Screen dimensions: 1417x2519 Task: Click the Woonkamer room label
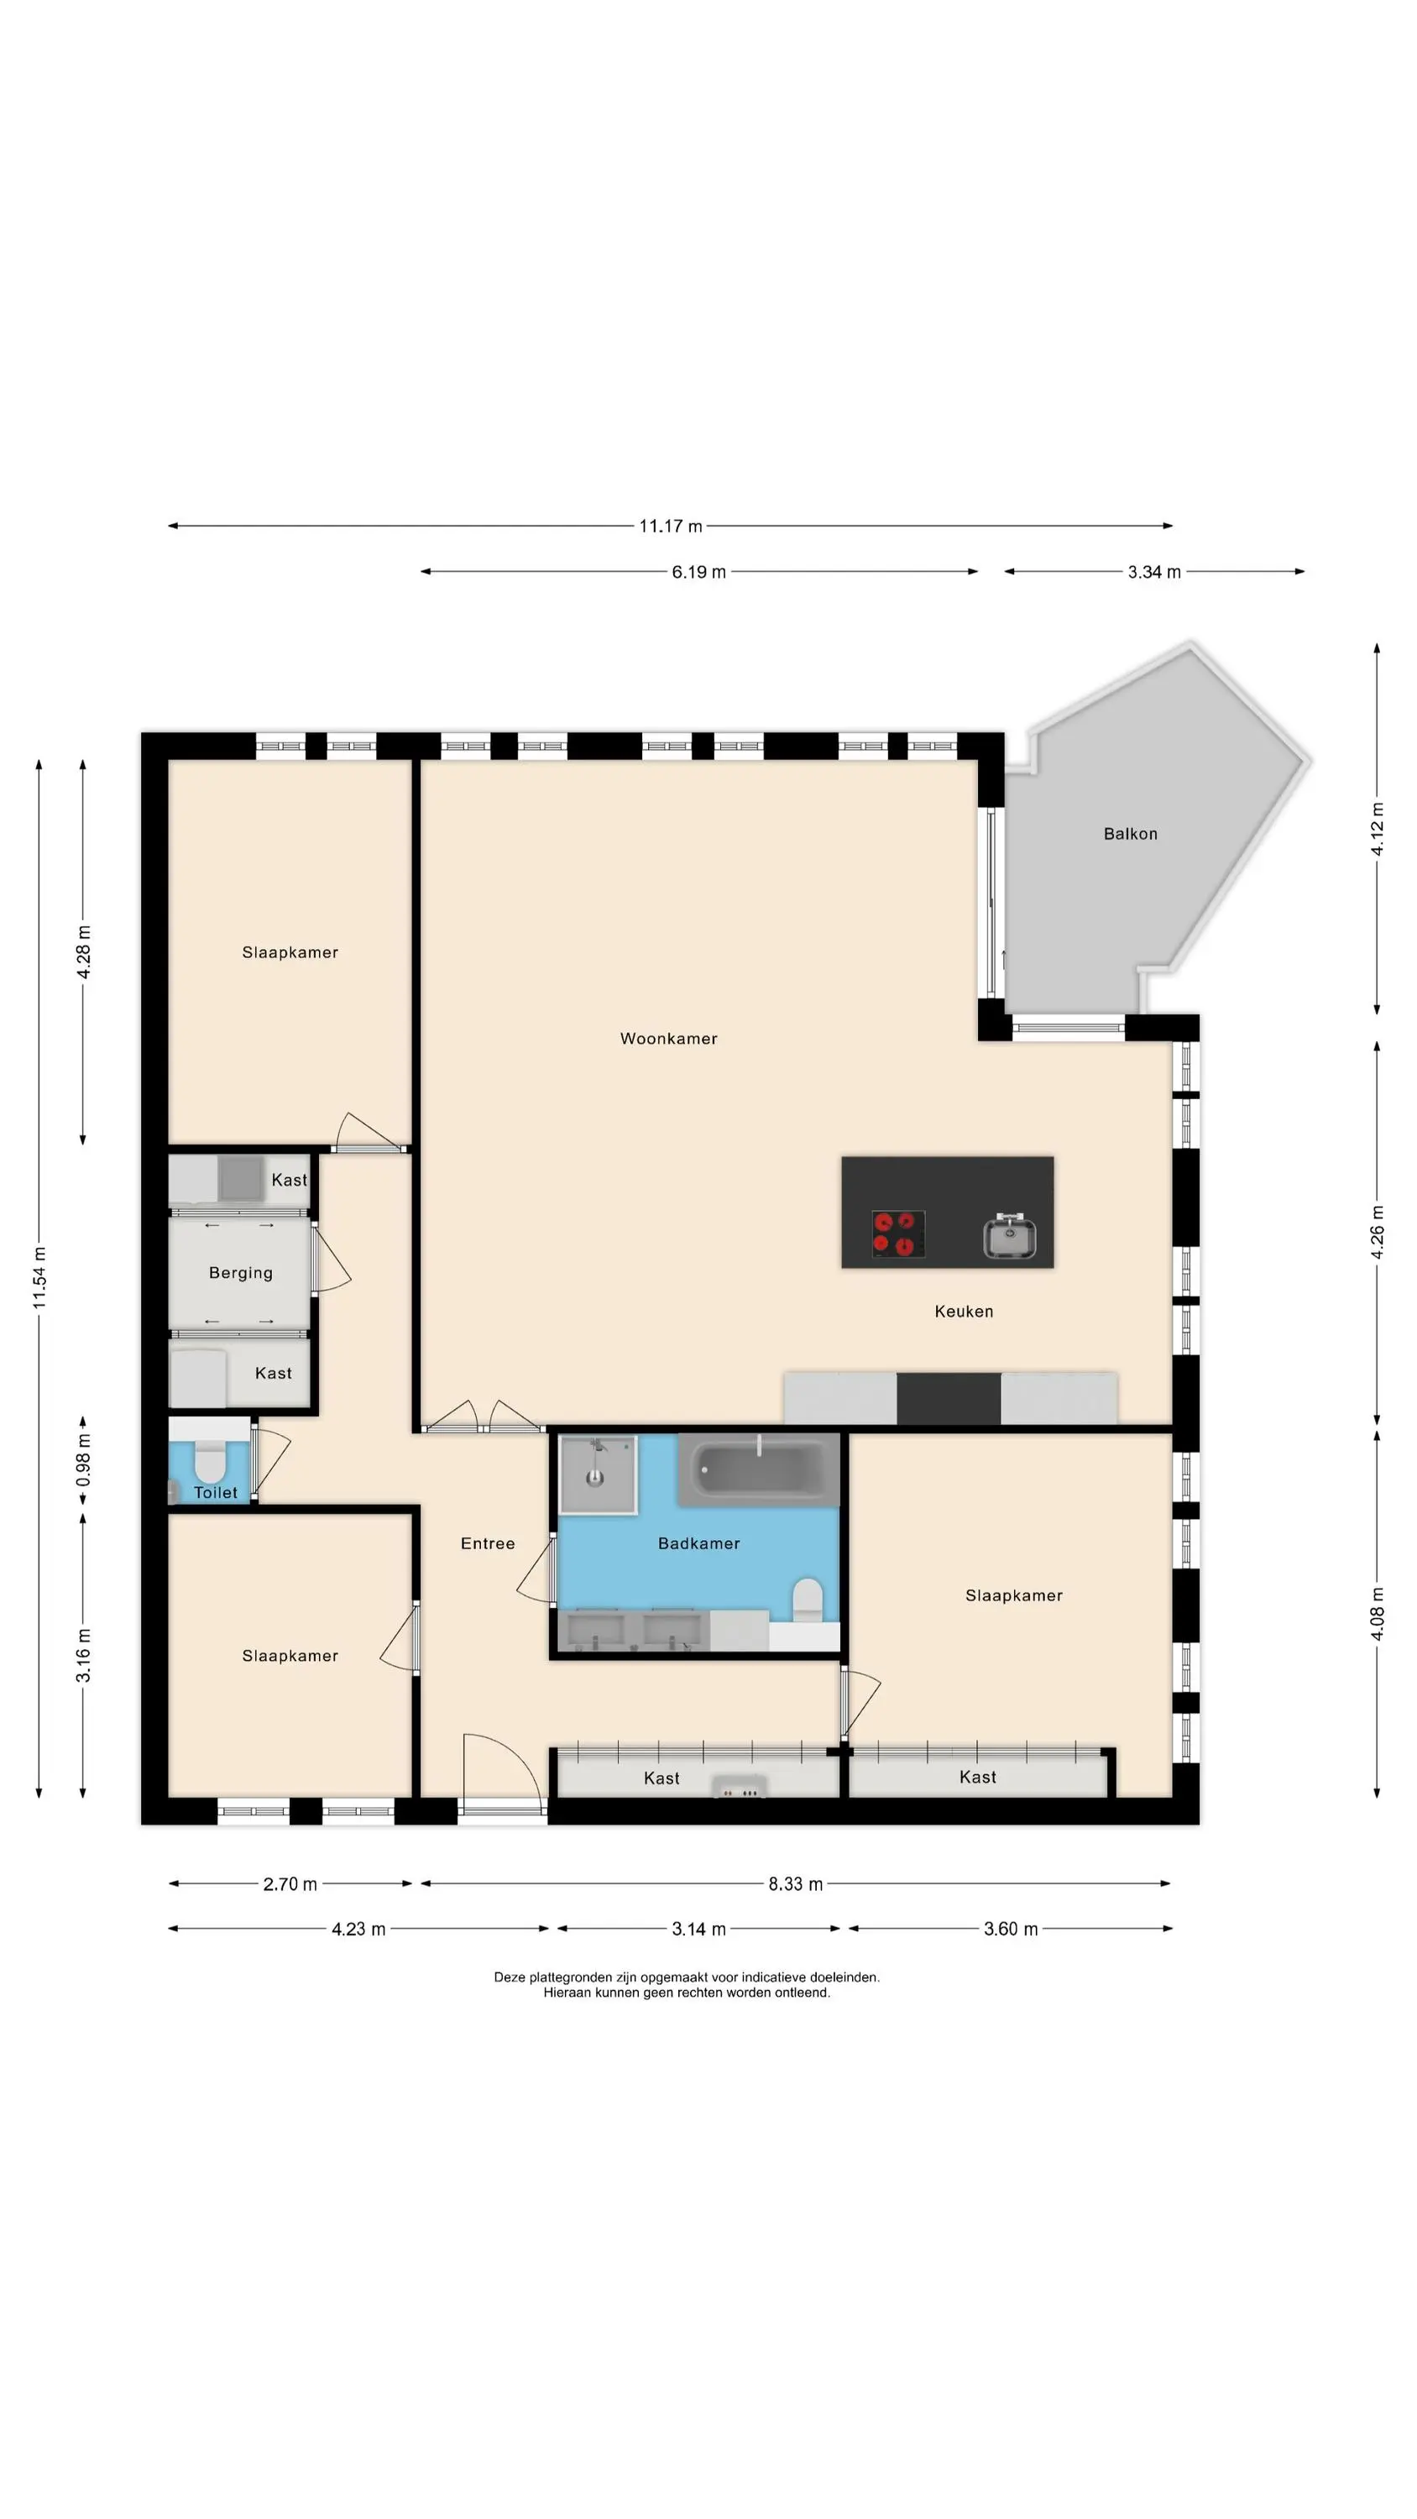click(x=669, y=1039)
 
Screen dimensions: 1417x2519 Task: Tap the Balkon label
click(x=1131, y=834)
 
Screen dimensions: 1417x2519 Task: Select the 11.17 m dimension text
click(x=671, y=526)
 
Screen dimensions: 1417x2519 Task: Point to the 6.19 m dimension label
click(x=698, y=572)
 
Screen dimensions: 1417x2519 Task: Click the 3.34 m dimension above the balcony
click(x=1154, y=572)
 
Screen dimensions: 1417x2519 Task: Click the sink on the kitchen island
click(x=1010, y=1236)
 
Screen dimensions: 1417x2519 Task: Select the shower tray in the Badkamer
click(x=598, y=1474)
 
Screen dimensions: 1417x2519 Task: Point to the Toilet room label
click(x=215, y=1492)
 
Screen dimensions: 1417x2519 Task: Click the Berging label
click(x=241, y=1272)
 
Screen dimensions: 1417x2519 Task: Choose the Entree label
click(x=488, y=1543)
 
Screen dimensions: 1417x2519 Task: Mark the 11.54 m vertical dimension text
click(x=39, y=1278)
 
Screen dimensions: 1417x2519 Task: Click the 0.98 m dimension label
click(x=83, y=1460)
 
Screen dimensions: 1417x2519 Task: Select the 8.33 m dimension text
click(x=795, y=1883)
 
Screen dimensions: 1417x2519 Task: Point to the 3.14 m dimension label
click(x=698, y=1930)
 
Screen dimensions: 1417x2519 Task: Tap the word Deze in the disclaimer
click(x=510, y=1977)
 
